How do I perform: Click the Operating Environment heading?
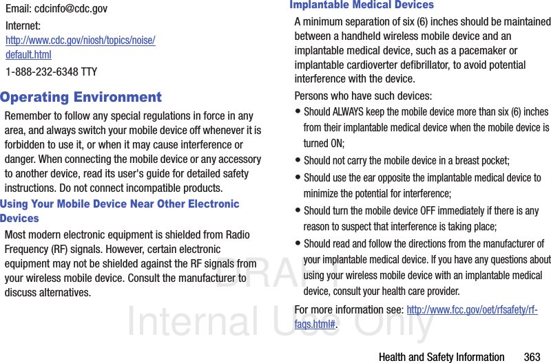pos(81,97)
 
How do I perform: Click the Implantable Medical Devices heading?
pos(362,5)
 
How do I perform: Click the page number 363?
pos(532,357)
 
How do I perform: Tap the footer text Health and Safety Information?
pos(441,357)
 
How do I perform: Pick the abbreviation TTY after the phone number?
pos(89,71)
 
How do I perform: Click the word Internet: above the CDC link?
pos(23,26)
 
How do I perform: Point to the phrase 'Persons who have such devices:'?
pos(363,96)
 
